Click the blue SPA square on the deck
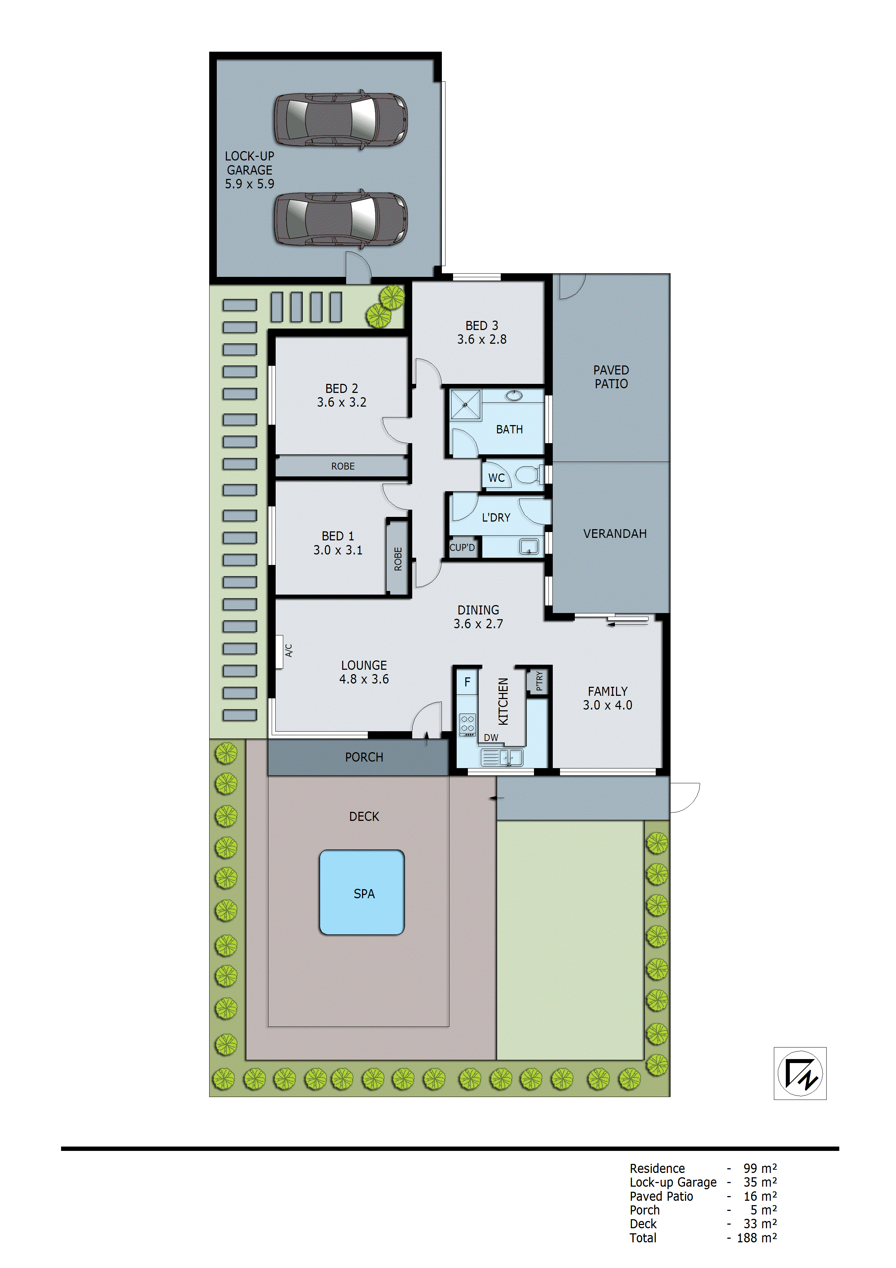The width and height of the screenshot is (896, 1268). point(362,892)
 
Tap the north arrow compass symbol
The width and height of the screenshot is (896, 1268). point(800,1073)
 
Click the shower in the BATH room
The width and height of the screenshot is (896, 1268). point(465,404)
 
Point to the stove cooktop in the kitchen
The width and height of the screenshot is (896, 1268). point(468,724)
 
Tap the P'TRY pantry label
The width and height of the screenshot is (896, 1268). point(539,681)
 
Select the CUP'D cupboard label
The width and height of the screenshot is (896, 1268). point(462,547)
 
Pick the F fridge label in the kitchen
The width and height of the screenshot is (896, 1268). point(467,682)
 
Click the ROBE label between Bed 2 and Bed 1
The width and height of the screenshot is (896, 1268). point(343,466)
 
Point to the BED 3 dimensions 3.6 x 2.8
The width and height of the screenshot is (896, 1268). point(481,339)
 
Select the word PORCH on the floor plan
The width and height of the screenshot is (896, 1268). point(364,757)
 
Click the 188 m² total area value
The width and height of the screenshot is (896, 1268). point(756,1238)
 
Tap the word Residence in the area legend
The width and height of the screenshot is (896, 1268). point(657,1168)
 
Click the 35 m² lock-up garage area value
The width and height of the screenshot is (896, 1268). point(760,1182)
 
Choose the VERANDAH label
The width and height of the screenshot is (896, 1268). point(615,534)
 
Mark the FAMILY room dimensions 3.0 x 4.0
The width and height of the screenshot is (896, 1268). point(607,705)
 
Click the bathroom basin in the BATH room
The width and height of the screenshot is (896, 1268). point(514,395)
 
